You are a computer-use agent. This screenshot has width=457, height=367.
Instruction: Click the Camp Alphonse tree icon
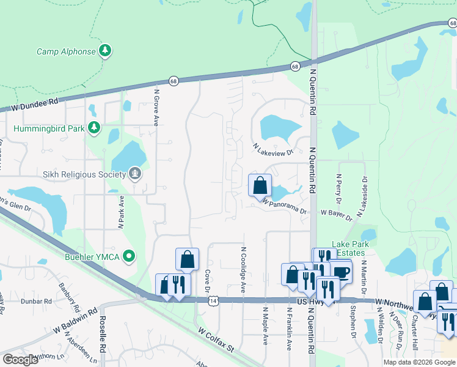click(106, 51)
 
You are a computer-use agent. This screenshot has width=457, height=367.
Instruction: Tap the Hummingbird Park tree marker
click(93, 128)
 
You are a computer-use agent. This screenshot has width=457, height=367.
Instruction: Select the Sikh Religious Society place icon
click(135, 174)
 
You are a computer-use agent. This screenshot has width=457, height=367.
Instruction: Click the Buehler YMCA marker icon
click(129, 256)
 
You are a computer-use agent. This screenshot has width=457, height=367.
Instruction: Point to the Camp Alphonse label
click(66, 51)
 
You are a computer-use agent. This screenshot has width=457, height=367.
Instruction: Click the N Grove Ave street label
click(156, 108)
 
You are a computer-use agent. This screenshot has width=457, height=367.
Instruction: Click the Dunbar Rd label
click(40, 302)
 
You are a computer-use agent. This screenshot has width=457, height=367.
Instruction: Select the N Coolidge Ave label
click(243, 270)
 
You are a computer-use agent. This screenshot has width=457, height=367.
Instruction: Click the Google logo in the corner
click(20, 360)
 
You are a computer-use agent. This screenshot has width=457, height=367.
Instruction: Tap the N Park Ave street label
click(121, 212)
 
